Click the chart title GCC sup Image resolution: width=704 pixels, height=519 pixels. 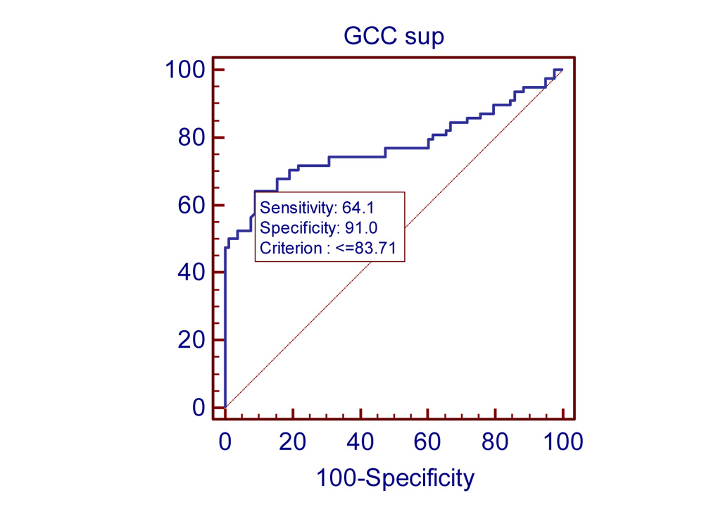coord(394,36)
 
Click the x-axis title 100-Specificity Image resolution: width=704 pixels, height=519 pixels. coord(395,479)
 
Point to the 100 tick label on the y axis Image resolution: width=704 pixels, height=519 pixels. coord(185,70)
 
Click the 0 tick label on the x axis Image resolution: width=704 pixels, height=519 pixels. coord(225,443)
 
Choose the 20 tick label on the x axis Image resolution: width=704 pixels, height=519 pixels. coord(292,443)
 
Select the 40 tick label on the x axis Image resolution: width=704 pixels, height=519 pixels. coord(360,443)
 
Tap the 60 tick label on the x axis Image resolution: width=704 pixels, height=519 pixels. coord(427,443)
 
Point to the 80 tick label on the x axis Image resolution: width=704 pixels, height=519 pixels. coord(495,443)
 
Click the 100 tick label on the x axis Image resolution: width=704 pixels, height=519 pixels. coord(562,443)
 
